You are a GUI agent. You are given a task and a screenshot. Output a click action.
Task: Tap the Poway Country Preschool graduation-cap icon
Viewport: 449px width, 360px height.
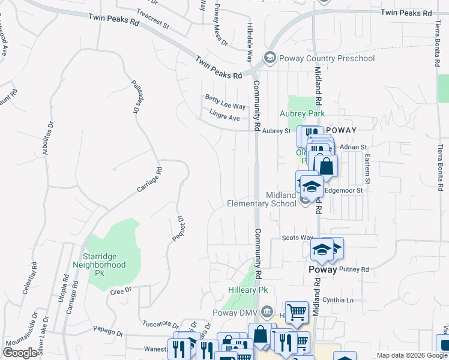[270, 58]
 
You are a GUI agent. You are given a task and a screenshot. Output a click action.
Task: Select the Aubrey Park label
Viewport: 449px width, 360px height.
[302, 113]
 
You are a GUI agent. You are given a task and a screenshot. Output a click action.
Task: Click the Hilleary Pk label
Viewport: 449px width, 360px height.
[247, 290]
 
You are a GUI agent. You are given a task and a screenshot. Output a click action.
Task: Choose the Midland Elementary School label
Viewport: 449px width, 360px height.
[262, 199]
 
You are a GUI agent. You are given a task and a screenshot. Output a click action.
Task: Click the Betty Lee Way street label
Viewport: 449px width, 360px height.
[225, 102]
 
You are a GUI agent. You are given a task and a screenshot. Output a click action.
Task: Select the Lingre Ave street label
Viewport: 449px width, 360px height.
[224, 115]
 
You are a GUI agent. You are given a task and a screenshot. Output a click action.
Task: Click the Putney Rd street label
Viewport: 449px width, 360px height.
[354, 269]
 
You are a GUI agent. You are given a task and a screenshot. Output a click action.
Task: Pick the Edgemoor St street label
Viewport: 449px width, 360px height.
[344, 190]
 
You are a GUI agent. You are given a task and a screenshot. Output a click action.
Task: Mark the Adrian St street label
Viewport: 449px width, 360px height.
[353, 146]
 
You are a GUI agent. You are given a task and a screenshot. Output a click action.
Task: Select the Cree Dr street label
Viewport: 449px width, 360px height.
[121, 291]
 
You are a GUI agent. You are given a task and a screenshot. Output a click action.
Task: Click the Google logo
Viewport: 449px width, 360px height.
[20, 353]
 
